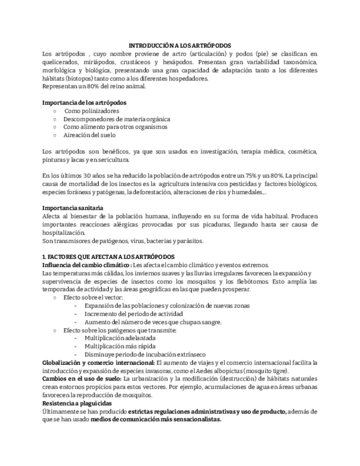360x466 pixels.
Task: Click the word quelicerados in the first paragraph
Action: (x=60, y=62)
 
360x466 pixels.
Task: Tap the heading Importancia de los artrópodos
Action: (x=84, y=103)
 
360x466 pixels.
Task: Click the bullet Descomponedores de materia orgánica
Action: (x=117, y=119)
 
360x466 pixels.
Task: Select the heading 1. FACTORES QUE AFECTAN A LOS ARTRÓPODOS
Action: (x=108, y=257)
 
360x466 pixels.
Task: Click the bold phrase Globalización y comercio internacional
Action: (x=98, y=363)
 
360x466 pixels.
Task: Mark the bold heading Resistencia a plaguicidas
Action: (x=77, y=403)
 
